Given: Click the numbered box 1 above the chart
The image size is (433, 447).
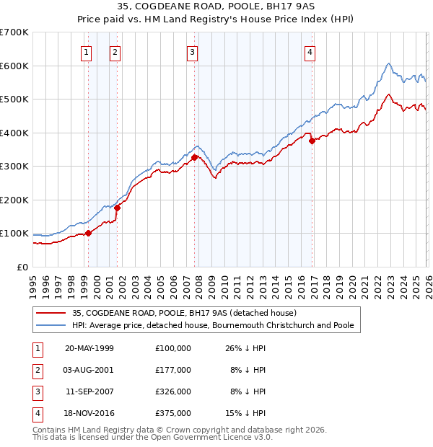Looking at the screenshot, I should tap(87, 51).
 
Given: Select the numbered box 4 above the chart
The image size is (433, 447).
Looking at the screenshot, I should tap(310, 51).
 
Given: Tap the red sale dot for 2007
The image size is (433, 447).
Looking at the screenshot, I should tap(194, 157).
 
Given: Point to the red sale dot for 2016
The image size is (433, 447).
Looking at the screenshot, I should tap(312, 141).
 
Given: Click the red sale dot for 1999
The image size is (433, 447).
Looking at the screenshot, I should tap(89, 233).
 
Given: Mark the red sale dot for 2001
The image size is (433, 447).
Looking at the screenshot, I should tap(117, 208).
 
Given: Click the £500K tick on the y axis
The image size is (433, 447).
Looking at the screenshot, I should tap(14, 99).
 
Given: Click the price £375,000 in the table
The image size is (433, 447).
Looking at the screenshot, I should tap(172, 413).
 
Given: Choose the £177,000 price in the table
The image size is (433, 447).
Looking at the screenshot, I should tap(172, 370).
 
